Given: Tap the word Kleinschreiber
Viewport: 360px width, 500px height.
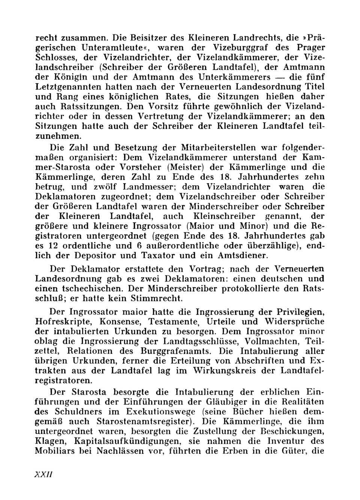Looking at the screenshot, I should [x=224, y=216].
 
